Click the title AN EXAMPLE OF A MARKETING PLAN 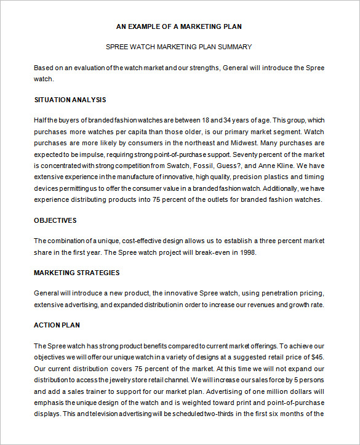click(x=179, y=26)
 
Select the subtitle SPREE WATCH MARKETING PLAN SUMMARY click(x=179, y=47)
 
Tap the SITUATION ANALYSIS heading click(x=70, y=100)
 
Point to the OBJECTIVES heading click(x=55, y=220)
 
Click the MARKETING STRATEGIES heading click(x=76, y=273)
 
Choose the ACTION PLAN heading click(x=57, y=325)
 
